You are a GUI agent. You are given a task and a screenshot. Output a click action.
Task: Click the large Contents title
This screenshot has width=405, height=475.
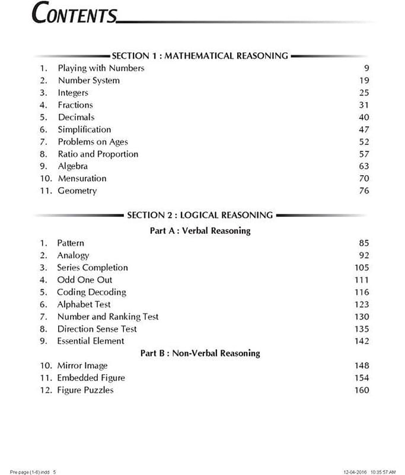pos(75,14)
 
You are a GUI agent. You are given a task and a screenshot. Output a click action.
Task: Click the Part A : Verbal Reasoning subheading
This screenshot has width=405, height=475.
pos(200,230)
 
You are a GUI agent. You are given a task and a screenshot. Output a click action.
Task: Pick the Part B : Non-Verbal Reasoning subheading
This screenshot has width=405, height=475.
pos(200,353)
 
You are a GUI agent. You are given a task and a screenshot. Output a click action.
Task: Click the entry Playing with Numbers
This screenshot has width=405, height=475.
pos(101,68)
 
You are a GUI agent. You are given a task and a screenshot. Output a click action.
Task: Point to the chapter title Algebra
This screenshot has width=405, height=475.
pos(72,166)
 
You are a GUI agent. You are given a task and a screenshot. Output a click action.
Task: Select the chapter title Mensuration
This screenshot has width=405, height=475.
pos(82,178)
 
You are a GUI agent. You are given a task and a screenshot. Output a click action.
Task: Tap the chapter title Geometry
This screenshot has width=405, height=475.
pos(77,191)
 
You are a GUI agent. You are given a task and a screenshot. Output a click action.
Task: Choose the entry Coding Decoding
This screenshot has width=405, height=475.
pos(91,292)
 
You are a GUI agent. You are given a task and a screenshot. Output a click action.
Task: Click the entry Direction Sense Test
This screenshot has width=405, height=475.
pos(97,329)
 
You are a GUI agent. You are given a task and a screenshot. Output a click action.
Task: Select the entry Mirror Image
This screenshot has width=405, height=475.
pos(82,366)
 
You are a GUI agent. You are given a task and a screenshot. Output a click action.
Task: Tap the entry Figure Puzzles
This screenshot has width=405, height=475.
pos(85,390)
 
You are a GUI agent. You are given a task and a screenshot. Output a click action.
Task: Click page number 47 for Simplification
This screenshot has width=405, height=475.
pos(363,129)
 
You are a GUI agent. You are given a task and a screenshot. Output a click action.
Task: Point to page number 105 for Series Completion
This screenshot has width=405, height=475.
pos(361,268)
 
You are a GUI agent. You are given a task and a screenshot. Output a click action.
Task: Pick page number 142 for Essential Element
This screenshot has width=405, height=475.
pos(361,341)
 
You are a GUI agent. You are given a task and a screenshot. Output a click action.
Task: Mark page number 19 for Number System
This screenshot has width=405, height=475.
pos(363,81)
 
